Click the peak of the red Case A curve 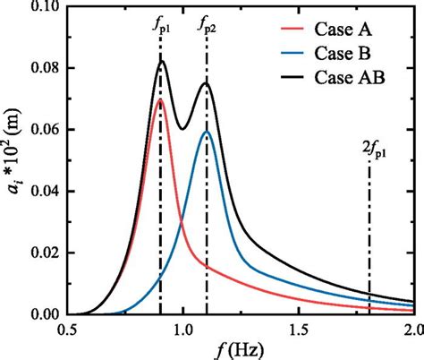161,99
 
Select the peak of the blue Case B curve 207,132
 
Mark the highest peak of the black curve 162,61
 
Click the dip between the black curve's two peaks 182,129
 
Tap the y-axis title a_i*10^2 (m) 13,161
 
